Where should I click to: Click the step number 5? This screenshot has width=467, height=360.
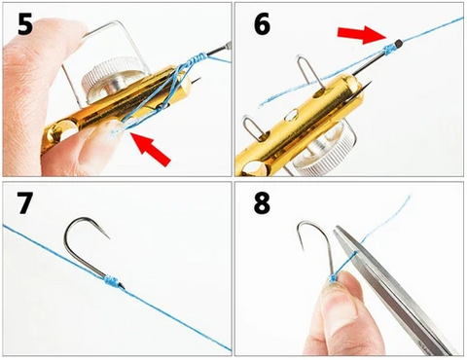pos(25,23)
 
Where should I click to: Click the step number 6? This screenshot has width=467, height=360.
pos(262,23)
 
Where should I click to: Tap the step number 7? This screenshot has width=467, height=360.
pos(24,203)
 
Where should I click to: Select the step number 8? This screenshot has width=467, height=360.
pos(262,203)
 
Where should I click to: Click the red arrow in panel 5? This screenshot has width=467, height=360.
pos(151,149)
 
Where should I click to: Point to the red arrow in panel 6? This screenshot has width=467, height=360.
pos(362,35)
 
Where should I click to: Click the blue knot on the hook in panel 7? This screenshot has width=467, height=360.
pos(112,281)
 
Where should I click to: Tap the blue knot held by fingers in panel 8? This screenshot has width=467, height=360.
pos(333,278)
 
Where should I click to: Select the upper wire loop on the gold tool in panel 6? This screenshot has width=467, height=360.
pos(308,72)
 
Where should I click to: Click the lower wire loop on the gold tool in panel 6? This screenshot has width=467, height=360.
pos(256,129)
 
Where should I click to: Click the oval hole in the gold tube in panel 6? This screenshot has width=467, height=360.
pos(292,115)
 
